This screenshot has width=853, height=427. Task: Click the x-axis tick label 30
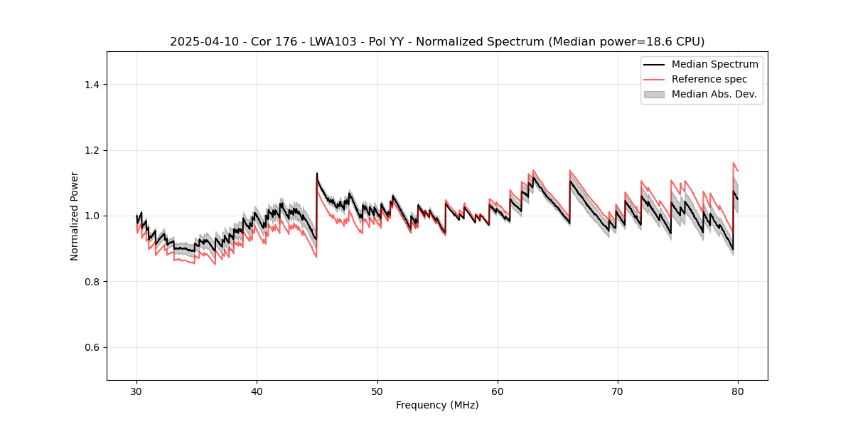point(136,391)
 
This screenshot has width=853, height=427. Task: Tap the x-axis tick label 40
point(257,391)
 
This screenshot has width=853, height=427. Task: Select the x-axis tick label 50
point(377,391)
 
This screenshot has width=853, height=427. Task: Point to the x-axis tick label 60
point(498,391)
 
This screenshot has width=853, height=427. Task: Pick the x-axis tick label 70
point(618,391)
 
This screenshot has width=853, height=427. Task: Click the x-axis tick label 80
point(738,391)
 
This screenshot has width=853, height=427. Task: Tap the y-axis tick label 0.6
point(91,347)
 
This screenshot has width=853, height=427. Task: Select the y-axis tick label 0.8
point(91,282)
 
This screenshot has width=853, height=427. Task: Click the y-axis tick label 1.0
point(91,216)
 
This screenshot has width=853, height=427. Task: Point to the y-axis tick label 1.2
point(91,150)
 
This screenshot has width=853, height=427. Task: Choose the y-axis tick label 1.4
point(91,85)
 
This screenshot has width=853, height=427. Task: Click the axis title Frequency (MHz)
point(437,405)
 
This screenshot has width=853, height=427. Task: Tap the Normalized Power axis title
point(75,216)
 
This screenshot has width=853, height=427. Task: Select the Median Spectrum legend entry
point(714,64)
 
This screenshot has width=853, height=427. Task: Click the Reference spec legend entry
point(709,79)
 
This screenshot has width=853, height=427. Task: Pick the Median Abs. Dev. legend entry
point(714,94)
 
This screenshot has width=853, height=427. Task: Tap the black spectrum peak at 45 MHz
point(317,173)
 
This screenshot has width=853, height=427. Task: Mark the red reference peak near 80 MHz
point(734,163)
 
